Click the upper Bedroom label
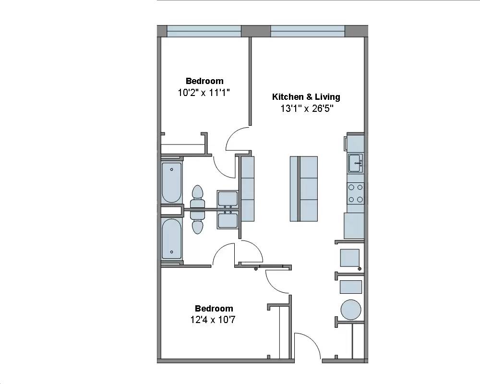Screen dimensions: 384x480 tap(204, 81)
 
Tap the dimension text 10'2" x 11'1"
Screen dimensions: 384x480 tap(204, 93)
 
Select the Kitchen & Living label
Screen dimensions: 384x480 tap(306, 97)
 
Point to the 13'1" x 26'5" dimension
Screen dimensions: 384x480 tap(307, 108)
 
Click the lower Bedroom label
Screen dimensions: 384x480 tap(214, 309)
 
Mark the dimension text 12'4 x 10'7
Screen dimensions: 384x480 tap(214, 319)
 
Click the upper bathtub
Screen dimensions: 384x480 tap(171, 183)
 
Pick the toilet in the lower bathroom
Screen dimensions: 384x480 tap(197, 221)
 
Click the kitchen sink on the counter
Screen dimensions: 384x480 tap(356, 163)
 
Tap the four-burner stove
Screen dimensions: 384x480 tap(356, 193)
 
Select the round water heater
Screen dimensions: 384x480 tap(350, 309)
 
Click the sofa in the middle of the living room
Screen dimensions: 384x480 tap(304, 189)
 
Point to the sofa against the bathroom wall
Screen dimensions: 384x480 tap(247, 189)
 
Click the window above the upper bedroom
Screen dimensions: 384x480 tap(204, 31)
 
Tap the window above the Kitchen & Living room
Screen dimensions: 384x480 tap(308, 31)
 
